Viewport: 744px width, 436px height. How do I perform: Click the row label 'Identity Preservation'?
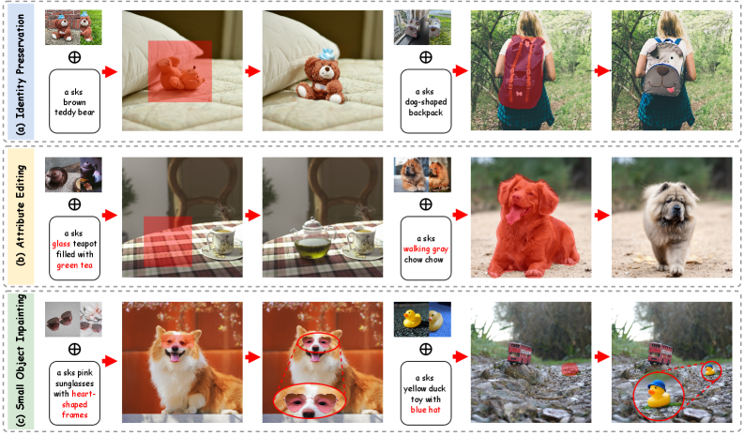click(x=20, y=74)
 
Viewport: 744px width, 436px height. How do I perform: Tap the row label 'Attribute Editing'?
click(x=20, y=215)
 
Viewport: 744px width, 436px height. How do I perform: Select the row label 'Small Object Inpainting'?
click(x=20, y=361)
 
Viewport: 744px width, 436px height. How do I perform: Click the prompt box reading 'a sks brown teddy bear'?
click(x=74, y=101)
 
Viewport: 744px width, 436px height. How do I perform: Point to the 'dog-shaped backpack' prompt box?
click(x=426, y=101)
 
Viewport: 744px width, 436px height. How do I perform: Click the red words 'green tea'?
click(x=74, y=265)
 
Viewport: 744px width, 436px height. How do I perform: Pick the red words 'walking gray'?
click(x=426, y=249)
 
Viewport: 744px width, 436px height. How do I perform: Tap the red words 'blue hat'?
click(x=425, y=410)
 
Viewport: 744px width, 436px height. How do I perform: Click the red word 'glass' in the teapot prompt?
click(x=61, y=244)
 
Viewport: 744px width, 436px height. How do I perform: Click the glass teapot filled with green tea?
click(x=312, y=239)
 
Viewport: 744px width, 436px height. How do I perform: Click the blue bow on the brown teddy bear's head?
click(x=326, y=53)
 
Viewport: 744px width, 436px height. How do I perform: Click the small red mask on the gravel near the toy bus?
click(x=569, y=369)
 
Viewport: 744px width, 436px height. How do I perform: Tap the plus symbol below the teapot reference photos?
click(x=74, y=204)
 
